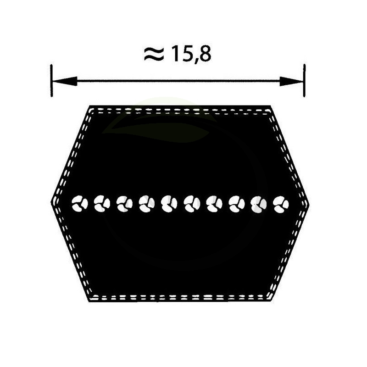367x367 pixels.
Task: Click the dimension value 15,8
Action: tap(191, 54)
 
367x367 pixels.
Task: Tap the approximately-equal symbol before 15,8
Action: tap(154, 54)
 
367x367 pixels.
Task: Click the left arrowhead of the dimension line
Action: tap(65, 81)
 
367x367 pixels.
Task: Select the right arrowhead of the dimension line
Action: tap(291, 81)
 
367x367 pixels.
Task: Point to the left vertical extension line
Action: tap(51, 81)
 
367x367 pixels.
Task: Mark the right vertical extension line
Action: tap(304, 81)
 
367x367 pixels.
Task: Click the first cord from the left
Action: tap(79, 204)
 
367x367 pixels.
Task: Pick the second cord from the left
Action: tap(102, 204)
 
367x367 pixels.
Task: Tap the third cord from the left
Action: tap(124, 204)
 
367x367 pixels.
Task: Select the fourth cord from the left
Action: tap(147, 204)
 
